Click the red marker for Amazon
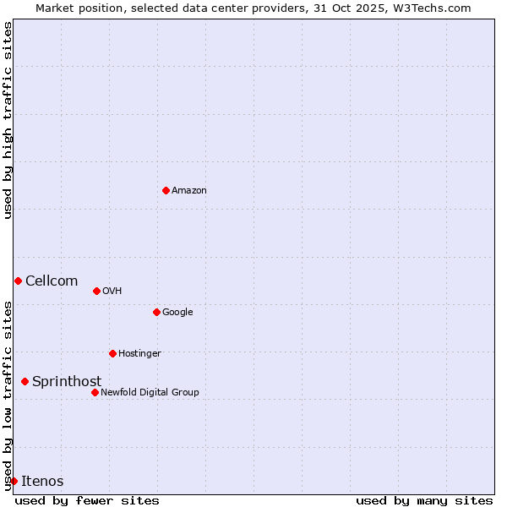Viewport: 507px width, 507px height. pos(166,190)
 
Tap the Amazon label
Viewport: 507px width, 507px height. pos(189,191)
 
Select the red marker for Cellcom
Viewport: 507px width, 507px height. pos(18,281)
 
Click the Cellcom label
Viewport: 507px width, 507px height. pos(52,281)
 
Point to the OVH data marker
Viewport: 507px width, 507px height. pos(96,291)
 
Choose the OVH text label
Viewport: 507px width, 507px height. pos(112,292)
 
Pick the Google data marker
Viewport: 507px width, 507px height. pos(156,312)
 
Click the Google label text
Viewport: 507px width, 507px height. pos(177,313)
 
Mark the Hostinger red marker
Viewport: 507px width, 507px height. pos(112,353)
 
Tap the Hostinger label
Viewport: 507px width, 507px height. pos(139,354)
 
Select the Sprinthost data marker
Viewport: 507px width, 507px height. pos(25,381)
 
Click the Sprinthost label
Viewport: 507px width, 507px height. pos(67,382)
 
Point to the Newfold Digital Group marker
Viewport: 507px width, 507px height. pos(95,392)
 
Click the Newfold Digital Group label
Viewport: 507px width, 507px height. pos(150,393)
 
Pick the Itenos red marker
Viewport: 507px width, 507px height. pos(14,481)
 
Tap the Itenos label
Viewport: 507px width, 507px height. pos(42,482)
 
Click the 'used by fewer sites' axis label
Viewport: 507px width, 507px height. pos(87,500)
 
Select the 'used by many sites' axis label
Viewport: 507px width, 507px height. pos(424,500)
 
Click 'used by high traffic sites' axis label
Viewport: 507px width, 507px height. pos(8,120)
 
